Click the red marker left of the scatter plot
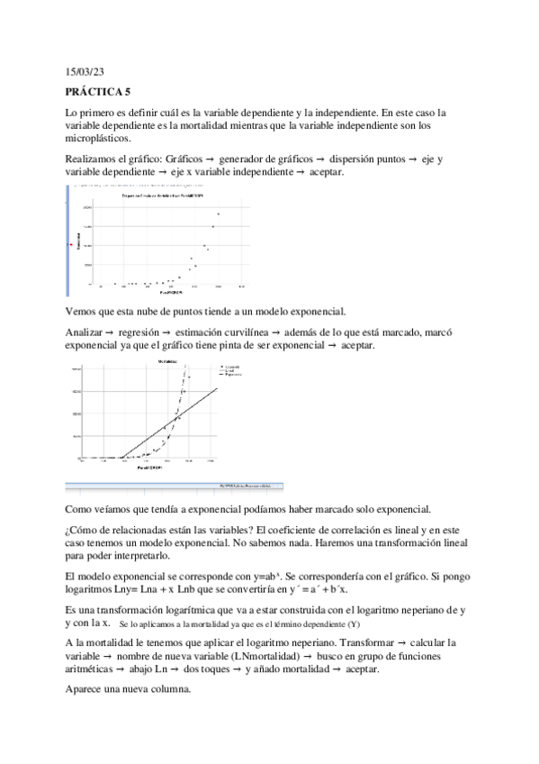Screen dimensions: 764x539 click(70, 244)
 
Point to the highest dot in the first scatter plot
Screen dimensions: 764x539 click(218, 214)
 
